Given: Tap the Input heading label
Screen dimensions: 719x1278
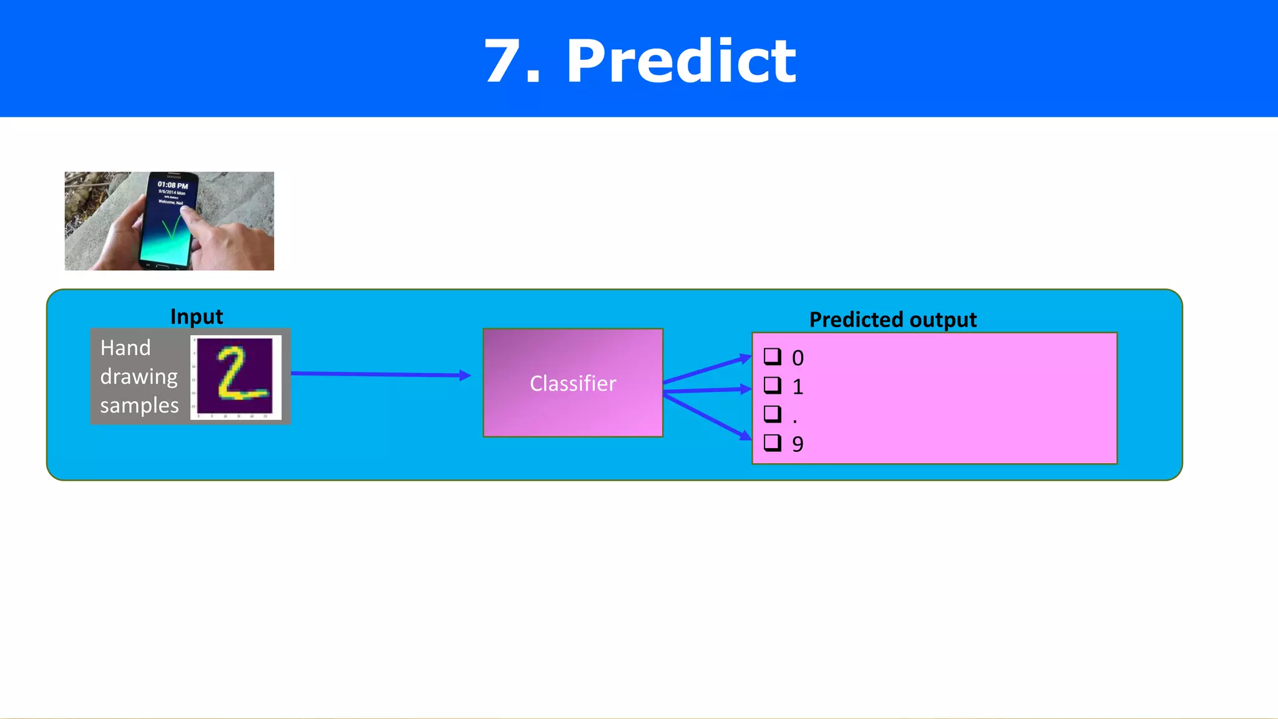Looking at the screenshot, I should tap(197, 316).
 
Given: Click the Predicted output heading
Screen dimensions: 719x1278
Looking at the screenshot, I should tap(892, 320).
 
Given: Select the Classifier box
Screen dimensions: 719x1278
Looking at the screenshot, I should tap(573, 383).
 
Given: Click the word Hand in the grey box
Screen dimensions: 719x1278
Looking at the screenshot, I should tap(125, 348).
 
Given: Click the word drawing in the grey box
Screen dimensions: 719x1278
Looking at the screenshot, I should tap(139, 377).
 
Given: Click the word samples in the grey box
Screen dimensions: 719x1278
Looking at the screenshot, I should tap(139, 406).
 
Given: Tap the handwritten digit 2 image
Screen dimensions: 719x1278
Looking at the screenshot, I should tap(236, 376).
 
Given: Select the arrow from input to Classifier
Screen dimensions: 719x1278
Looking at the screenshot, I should tap(381, 374).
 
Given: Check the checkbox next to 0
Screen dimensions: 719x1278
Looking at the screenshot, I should tap(773, 356).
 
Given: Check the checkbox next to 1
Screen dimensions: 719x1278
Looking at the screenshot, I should tap(773, 385).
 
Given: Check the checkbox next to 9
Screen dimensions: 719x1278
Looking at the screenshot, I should tap(773, 443).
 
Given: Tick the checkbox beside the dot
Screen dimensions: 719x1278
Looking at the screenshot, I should tap(773, 414).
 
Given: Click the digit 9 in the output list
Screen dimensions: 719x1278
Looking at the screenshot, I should tap(798, 444).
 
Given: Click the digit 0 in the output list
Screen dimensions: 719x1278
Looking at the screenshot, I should tap(798, 358).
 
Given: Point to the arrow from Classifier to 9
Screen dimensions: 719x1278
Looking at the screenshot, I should tap(708, 416).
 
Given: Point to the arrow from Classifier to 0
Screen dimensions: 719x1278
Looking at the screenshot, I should tap(708, 369).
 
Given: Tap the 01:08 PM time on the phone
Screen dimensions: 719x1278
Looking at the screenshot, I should tap(172, 185).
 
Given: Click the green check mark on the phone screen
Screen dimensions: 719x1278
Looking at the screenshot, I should tap(171, 228).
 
